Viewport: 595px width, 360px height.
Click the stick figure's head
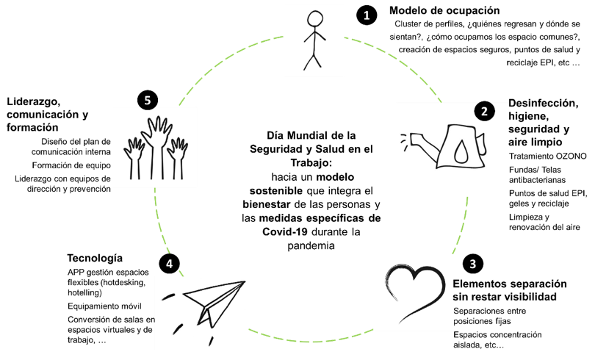[315, 19]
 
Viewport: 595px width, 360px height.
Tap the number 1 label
[367, 15]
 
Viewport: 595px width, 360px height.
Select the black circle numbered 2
[484, 112]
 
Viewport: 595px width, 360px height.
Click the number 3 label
[472, 264]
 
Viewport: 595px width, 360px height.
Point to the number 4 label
[169, 264]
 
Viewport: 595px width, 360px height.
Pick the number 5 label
[148, 101]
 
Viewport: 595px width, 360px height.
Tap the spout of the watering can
[416, 138]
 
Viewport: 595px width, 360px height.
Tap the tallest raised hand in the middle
[156, 136]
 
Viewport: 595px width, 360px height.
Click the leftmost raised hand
[134, 154]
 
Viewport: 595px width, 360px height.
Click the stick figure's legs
[313, 59]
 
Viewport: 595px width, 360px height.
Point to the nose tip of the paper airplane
[244, 282]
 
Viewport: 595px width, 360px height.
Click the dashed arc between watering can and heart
[461, 224]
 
